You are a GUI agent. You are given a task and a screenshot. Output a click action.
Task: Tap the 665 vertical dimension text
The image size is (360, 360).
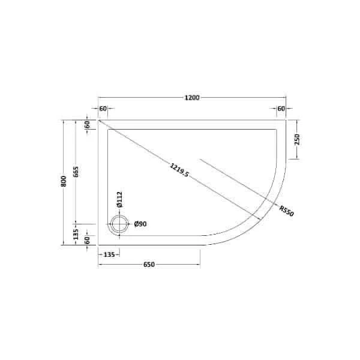click(76, 172)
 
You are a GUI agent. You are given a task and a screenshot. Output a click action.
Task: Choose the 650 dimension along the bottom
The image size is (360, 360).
click(149, 265)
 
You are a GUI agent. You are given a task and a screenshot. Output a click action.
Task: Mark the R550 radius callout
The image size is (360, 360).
click(286, 211)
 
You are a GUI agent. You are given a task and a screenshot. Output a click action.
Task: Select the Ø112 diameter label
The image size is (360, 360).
click(119, 199)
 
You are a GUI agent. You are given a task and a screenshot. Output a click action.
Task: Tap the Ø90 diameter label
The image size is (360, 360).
click(141, 224)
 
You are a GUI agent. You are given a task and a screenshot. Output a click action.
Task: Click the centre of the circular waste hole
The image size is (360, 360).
click(119, 224)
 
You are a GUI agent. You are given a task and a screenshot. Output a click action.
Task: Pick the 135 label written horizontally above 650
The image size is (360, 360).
click(109, 254)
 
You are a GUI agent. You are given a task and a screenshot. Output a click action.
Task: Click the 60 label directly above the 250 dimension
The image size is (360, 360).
click(281, 109)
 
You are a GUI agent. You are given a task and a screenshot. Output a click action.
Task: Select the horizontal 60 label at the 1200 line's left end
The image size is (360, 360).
click(103, 109)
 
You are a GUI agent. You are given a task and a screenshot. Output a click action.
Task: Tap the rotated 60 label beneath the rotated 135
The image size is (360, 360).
click(88, 241)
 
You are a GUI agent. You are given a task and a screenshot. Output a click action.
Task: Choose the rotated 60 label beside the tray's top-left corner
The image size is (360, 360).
click(88, 125)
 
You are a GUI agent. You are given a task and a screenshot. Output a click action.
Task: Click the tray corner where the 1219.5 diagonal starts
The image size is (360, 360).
click(98, 120)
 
